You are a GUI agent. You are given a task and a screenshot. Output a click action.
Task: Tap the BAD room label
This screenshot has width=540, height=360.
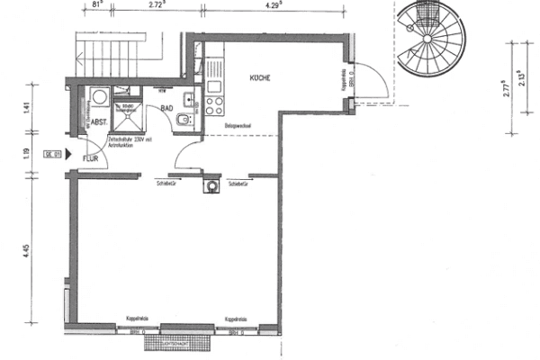[x=166, y=107]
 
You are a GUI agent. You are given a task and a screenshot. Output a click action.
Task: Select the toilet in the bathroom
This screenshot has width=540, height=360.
[x=184, y=121]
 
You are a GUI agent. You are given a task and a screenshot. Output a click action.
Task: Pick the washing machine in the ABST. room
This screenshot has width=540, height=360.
[x=98, y=96]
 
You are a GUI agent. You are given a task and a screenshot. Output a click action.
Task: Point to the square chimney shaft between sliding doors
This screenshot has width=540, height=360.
[x=212, y=186]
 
